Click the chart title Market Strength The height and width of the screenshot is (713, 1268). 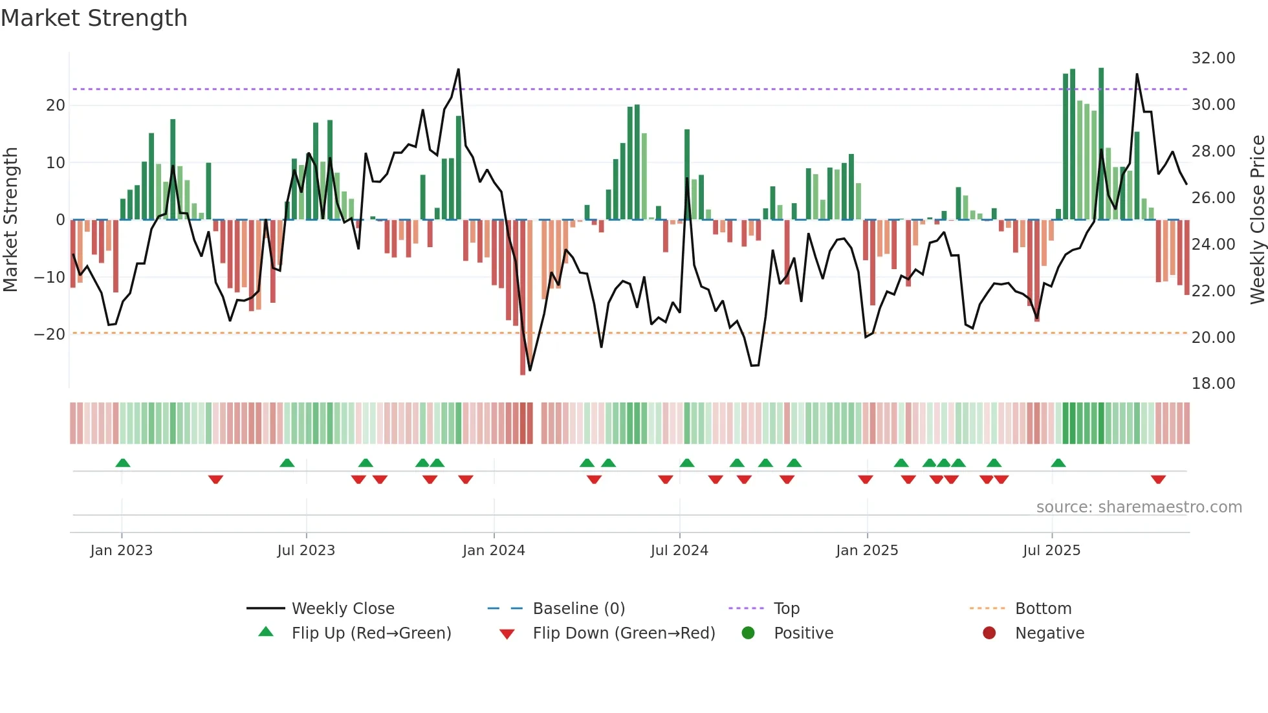(94, 18)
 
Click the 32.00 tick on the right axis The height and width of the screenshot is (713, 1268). (1213, 58)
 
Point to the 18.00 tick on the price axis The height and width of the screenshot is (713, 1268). (1213, 384)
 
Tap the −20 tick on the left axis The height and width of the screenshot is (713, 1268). (50, 335)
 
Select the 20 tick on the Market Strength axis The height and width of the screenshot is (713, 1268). (56, 105)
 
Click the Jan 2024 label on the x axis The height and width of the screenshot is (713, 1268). (494, 551)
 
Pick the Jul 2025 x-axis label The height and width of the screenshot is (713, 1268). (1051, 551)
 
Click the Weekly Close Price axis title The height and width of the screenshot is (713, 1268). (1257, 220)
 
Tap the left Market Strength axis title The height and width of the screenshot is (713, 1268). (10, 220)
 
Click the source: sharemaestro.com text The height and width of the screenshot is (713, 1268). (1139, 507)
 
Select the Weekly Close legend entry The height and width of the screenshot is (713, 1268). (343, 609)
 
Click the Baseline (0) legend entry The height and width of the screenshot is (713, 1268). (578, 609)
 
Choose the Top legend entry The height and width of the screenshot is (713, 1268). (787, 609)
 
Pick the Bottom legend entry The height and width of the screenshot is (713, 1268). (1043, 609)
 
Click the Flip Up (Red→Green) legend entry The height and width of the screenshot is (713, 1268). (371, 633)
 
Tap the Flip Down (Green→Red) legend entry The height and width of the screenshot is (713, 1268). (624, 633)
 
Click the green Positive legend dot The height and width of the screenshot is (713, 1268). (749, 633)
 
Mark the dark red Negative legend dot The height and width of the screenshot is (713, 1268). (989, 633)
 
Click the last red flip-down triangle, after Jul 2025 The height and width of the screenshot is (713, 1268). (1158, 479)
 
